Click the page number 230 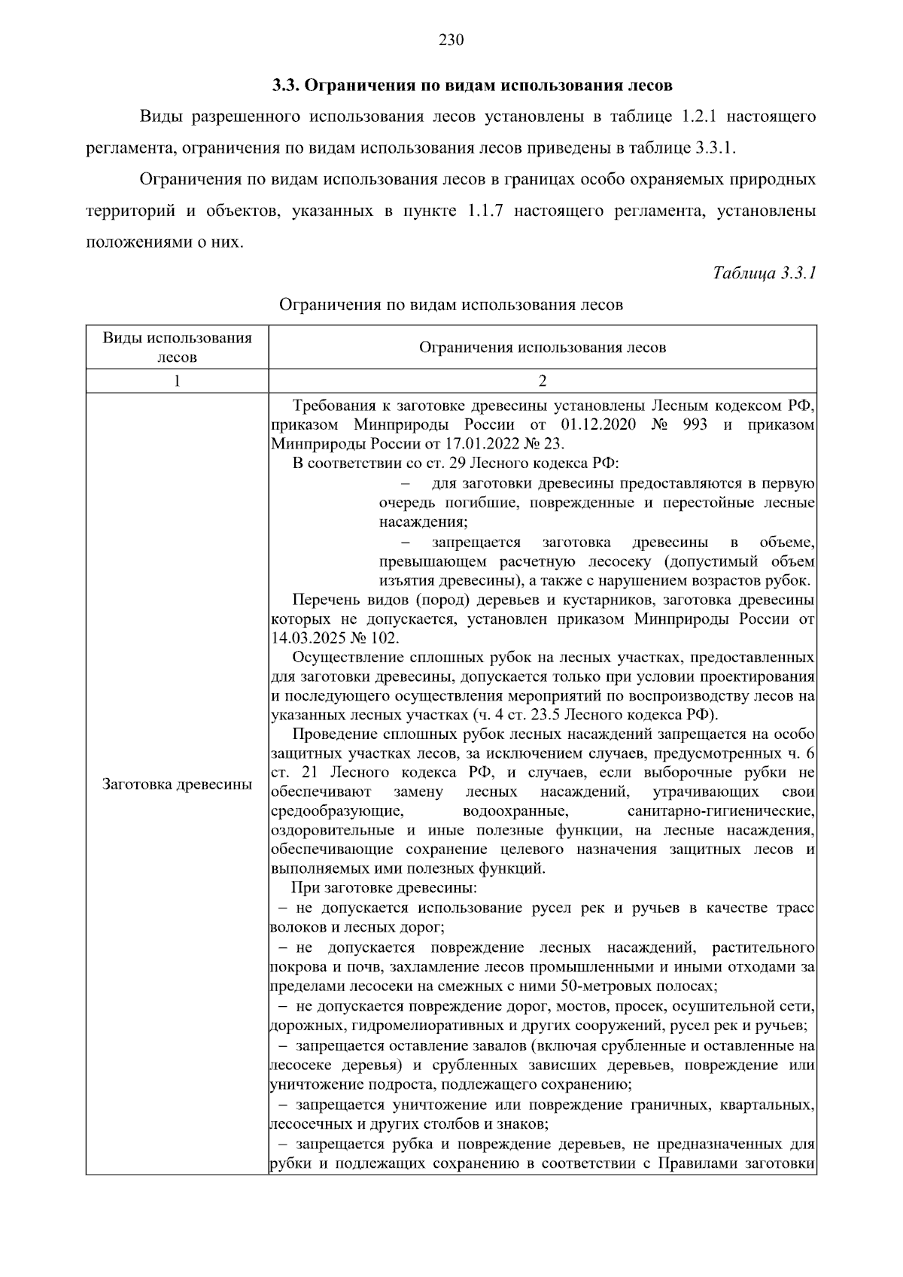(451, 41)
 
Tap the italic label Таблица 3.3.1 (764, 273)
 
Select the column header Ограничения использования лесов (542, 348)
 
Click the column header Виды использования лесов (177, 347)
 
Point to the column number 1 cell (177, 381)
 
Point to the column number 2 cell (542, 381)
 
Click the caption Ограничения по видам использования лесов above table (451, 306)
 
